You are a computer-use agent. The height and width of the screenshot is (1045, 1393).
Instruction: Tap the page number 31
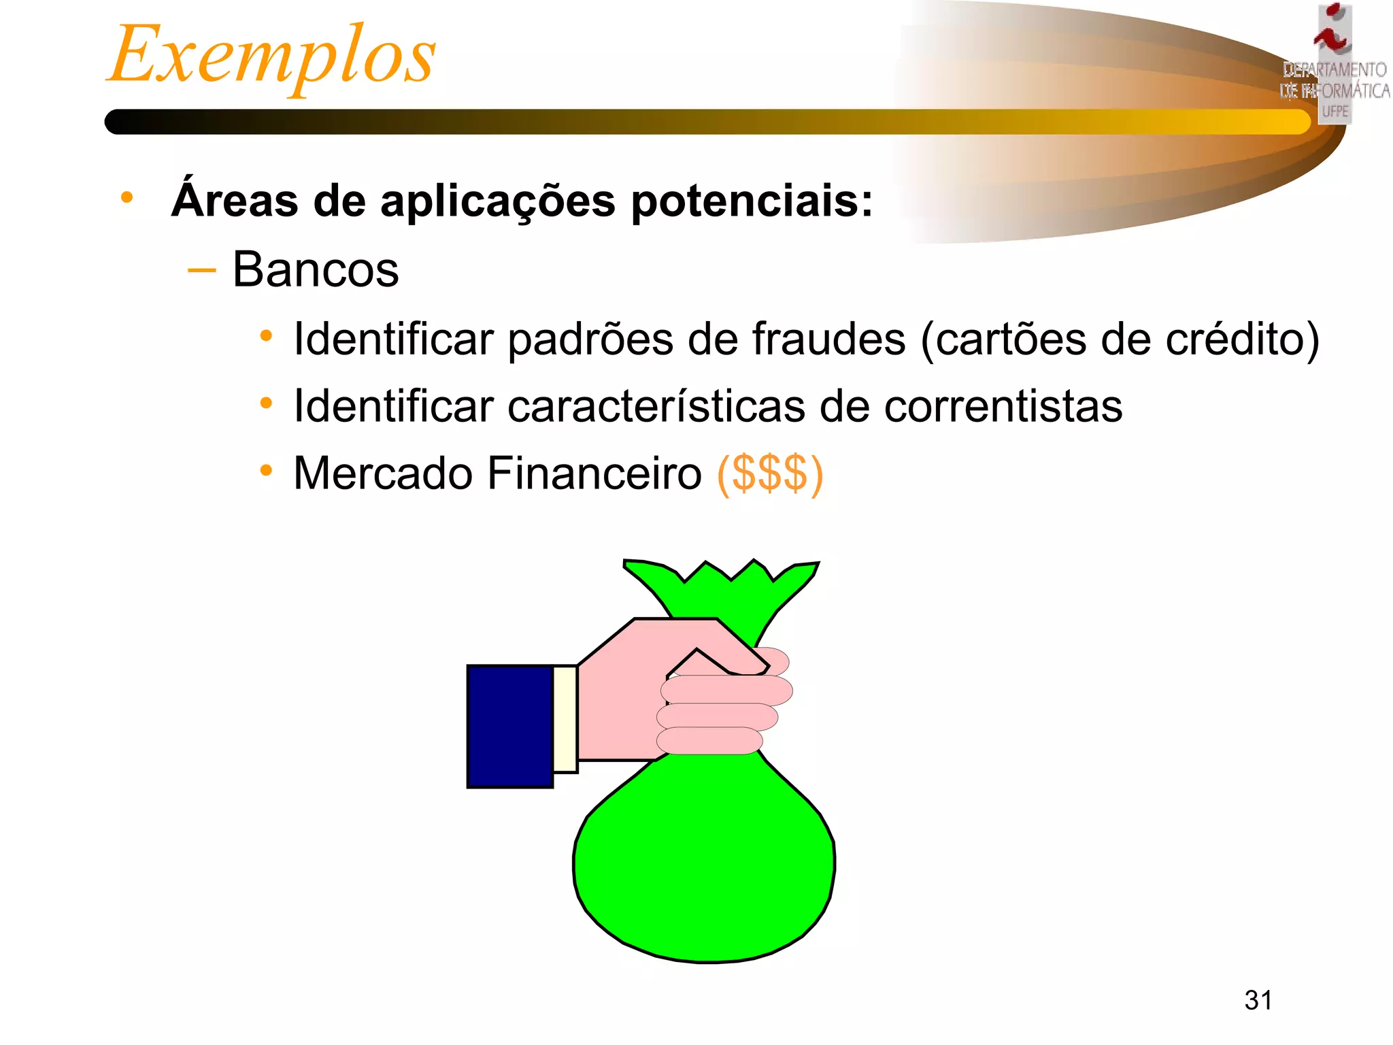[x=1258, y=1000]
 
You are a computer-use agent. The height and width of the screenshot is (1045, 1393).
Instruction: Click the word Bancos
[x=316, y=269]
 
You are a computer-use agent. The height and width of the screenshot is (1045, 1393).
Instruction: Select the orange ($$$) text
[x=770, y=474]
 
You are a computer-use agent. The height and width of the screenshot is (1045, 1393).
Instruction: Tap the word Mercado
[x=383, y=474]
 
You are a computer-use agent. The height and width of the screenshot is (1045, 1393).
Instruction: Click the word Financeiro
[x=594, y=474]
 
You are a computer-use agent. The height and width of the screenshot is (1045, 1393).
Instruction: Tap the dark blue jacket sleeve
[x=509, y=726]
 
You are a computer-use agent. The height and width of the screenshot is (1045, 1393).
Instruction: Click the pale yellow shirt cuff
[x=565, y=719]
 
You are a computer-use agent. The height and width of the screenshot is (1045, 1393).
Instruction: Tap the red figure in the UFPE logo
[x=1332, y=34]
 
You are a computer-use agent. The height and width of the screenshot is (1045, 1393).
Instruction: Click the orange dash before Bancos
[x=201, y=271]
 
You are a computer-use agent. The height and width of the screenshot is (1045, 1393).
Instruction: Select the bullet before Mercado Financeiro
[x=266, y=471]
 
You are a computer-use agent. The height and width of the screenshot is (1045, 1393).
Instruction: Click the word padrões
[x=588, y=339]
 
